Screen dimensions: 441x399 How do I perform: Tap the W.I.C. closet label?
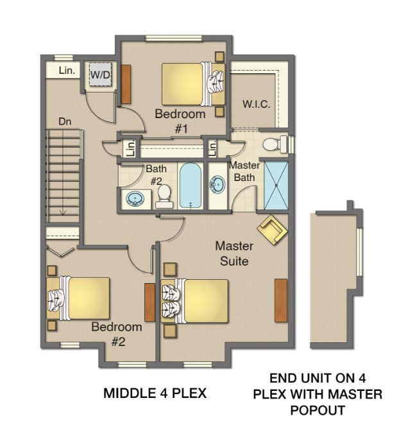click(255, 104)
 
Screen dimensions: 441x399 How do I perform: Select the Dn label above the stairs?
click(65, 121)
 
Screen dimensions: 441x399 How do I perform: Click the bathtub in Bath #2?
click(191, 185)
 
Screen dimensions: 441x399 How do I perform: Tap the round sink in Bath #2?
click(135, 198)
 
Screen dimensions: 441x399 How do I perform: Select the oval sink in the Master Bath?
click(217, 186)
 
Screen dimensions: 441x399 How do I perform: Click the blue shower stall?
click(277, 186)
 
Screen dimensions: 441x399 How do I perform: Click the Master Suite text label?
click(233, 254)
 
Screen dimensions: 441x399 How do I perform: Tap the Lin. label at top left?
click(67, 71)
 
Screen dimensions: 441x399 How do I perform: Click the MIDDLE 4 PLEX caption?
click(155, 393)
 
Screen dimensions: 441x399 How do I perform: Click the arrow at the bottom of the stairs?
click(64, 211)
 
